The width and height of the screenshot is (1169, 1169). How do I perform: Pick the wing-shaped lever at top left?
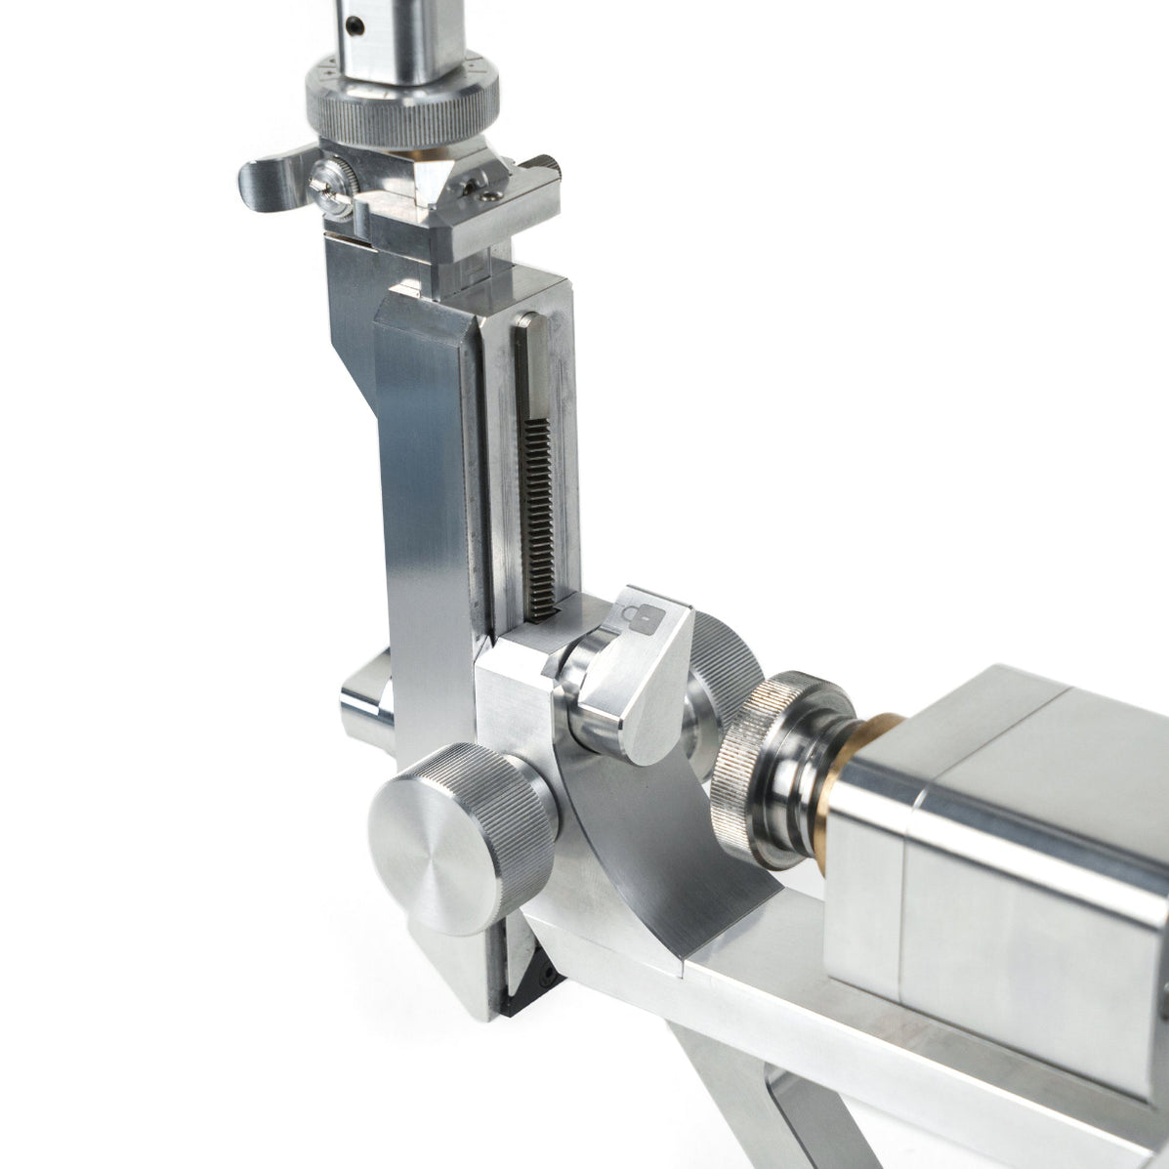(273, 180)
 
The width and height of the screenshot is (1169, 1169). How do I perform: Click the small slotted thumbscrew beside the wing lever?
(331, 185)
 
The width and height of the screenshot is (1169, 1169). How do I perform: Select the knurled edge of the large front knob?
(518, 830)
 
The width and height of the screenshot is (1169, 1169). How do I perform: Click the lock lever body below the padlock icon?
(645, 693)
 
